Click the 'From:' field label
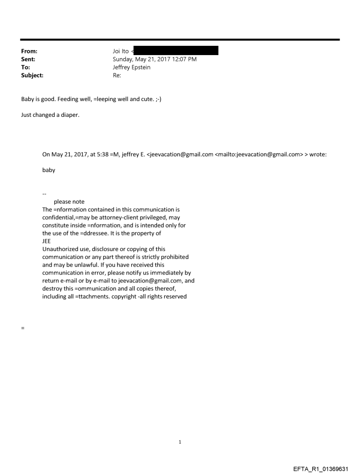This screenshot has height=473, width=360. [29, 51]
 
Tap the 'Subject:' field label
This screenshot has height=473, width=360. [32, 75]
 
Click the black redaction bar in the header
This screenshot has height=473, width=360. [176, 51]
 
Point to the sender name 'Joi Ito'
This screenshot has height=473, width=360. [120, 51]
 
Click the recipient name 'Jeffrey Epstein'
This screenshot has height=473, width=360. [131, 67]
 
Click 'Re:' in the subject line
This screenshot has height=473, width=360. [117, 75]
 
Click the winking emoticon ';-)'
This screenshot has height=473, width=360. [158, 99]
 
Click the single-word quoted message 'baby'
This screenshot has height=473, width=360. [49, 170]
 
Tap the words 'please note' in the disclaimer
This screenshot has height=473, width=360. [69, 202]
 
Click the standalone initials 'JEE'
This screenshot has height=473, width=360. [46, 241]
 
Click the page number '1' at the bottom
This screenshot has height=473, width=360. [180, 442]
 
